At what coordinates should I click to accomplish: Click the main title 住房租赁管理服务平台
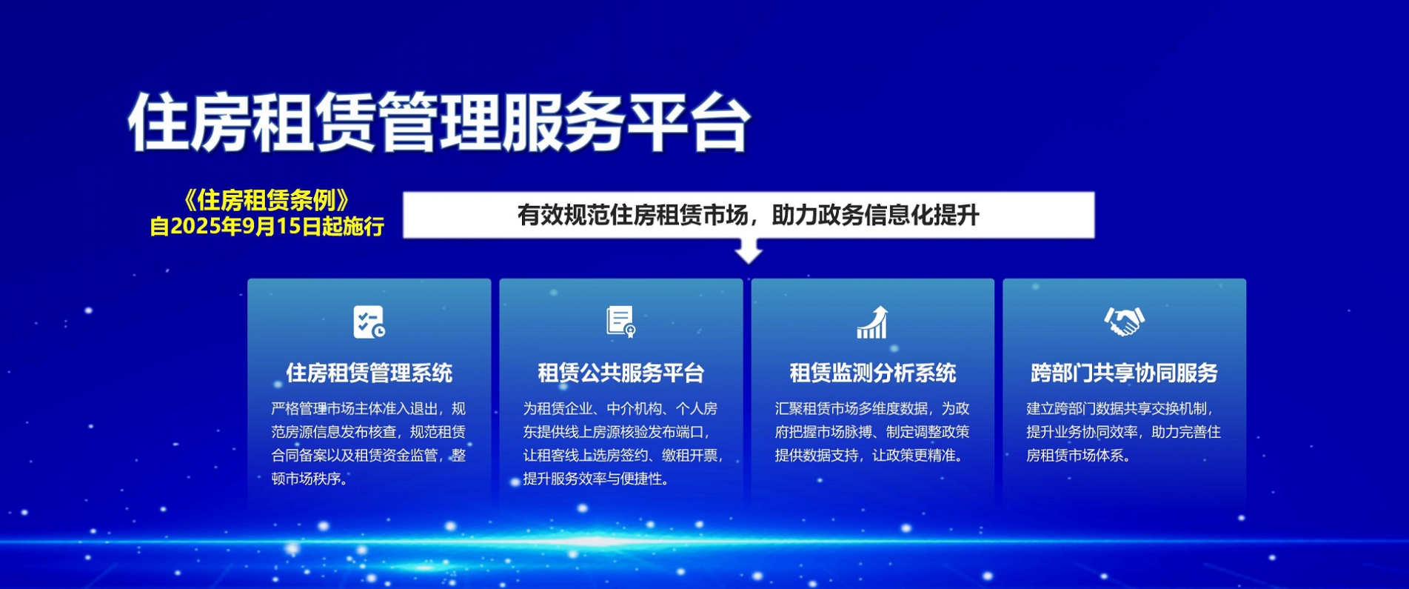tap(440, 122)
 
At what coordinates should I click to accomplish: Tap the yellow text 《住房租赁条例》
tap(266, 200)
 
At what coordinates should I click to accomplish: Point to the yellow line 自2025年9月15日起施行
tap(267, 226)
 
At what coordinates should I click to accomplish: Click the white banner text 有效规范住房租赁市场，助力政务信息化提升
tap(748, 216)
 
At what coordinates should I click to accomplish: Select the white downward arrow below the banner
tap(749, 250)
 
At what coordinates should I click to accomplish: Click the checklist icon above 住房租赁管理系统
tap(369, 322)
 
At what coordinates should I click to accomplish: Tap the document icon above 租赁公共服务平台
tap(620, 322)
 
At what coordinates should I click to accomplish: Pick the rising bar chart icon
tap(872, 322)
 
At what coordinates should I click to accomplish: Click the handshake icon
tap(1124, 322)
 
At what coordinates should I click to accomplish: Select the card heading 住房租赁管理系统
tap(369, 373)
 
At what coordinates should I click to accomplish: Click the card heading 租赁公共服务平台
tap(620, 373)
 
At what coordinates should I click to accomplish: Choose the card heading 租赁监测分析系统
tap(872, 373)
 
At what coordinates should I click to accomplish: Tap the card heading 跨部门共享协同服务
tap(1124, 373)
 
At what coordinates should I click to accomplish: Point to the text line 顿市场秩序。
tap(309, 479)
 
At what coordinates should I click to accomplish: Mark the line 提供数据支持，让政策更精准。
tap(870, 455)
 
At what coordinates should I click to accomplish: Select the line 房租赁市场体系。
tap(1079, 455)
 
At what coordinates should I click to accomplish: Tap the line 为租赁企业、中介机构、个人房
tap(620, 408)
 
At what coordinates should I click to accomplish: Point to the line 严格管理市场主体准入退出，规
tap(369, 408)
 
